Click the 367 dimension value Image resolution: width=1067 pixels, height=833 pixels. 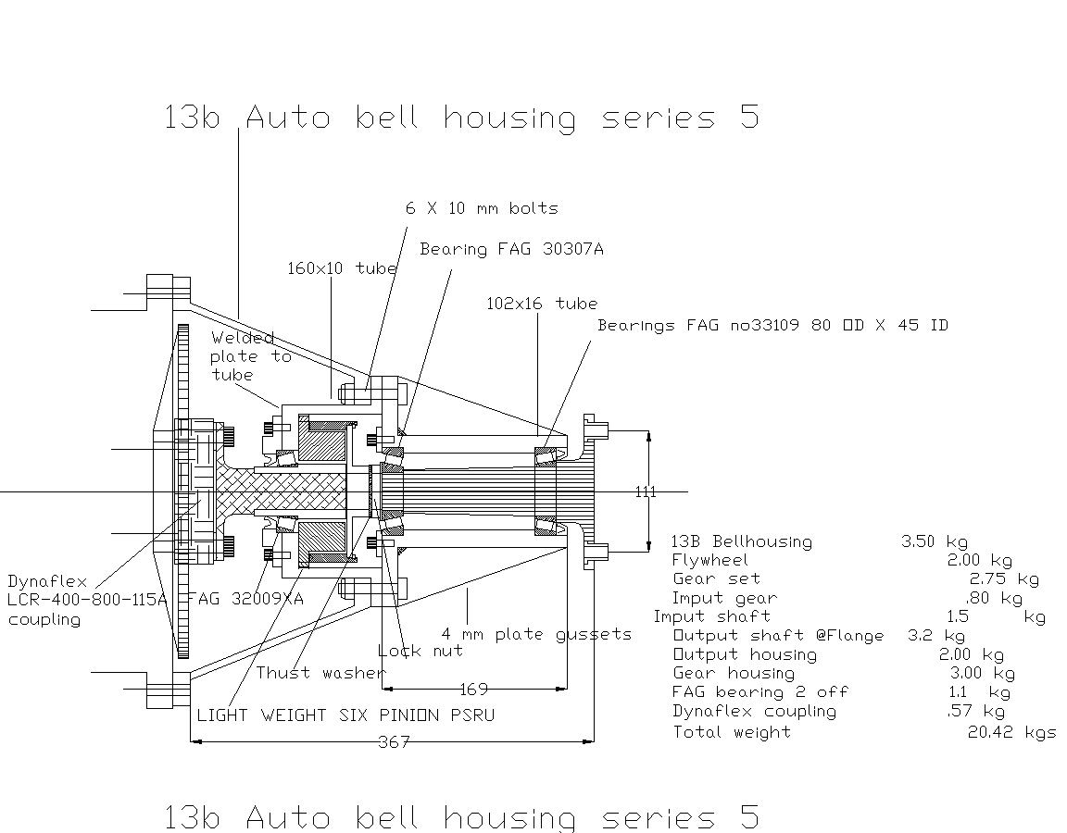click(394, 742)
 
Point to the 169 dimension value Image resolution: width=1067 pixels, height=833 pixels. click(473, 690)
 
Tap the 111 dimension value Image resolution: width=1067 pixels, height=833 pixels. click(646, 491)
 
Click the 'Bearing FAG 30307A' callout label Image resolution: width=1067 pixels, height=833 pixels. click(511, 249)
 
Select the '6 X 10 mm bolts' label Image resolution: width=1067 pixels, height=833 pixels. click(482, 208)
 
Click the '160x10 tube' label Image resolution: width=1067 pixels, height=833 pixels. click(342, 268)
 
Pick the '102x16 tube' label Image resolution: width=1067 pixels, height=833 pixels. click(542, 304)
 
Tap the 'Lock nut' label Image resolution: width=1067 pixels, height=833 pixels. click(421, 651)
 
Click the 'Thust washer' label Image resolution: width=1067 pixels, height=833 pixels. click(320, 673)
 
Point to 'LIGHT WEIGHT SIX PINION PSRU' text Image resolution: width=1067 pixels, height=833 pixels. click(345, 715)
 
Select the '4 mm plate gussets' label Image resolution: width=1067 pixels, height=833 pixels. click(536, 635)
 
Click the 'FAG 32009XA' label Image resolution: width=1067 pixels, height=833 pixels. click(245, 599)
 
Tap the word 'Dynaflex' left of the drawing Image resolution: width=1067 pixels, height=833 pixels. click(47, 582)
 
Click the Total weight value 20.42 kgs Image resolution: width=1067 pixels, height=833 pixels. click(1011, 732)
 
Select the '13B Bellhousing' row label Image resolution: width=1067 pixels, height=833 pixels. click(741, 541)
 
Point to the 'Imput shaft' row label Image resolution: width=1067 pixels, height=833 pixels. click(712, 616)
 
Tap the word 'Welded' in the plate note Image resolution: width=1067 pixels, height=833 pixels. click(243, 338)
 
